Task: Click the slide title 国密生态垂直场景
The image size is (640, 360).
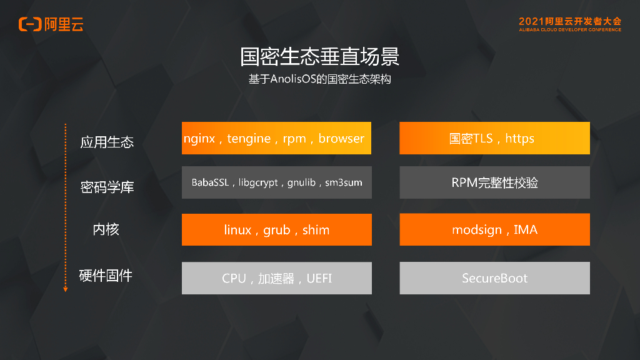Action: pos(319,57)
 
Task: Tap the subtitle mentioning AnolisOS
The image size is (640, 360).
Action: pos(319,80)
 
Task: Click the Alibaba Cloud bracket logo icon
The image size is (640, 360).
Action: pos(29,24)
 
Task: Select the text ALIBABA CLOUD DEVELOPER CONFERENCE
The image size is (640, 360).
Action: pos(569,30)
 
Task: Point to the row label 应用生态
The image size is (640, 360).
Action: pos(107,142)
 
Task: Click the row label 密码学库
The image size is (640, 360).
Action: pos(107,187)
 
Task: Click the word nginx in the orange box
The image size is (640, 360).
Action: pos(200,139)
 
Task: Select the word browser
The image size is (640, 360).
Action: pos(341,139)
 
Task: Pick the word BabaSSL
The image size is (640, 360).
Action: pos(210,183)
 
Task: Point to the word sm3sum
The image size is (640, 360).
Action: pos(344,183)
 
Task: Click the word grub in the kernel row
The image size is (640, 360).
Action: pos(277,230)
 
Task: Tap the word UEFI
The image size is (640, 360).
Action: pos(319,278)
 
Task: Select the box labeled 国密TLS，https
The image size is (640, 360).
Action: pos(494,138)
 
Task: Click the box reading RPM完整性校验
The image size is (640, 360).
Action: pos(494,182)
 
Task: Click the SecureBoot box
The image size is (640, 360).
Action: pos(494,278)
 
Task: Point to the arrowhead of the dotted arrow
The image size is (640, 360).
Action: pos(65,289)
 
